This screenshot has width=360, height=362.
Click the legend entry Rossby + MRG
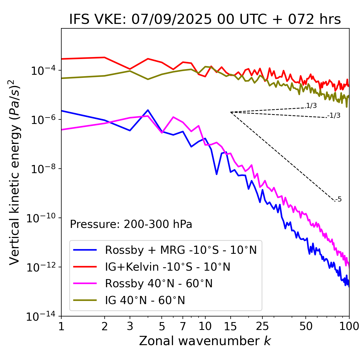point(181,250)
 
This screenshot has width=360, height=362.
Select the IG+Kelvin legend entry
point(168,267)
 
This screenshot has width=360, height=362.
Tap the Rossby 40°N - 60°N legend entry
point(159,284)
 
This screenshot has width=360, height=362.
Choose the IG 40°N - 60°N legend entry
point(145,300)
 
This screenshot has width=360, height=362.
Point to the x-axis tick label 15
point(230,326)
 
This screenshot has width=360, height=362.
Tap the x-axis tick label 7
point(183,326)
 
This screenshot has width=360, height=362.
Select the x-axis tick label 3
point(130,326)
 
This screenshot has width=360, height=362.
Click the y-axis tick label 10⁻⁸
point(42,169)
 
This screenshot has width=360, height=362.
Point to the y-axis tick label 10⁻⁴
point(42,71)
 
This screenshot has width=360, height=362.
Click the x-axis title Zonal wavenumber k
point(205,341)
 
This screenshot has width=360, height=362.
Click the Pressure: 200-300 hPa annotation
point(131,224)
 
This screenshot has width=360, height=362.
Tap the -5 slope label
point(338,199)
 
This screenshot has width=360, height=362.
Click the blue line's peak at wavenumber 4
point(148,110)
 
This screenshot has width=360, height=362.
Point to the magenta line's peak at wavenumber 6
point(173,117)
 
